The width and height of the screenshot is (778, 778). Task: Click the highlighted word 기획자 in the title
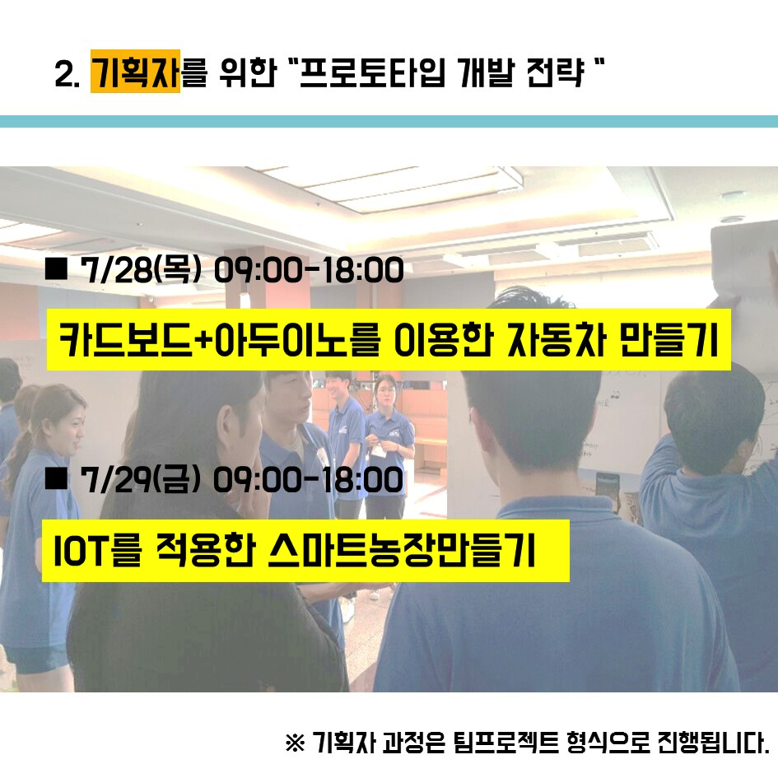click(x=135, y=72)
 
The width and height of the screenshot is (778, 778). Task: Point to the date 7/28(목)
click(x=141, y=271)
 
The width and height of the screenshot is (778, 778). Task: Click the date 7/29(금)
click(x=141, y=480)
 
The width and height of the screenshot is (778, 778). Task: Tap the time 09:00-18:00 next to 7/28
click(x=309, y=271)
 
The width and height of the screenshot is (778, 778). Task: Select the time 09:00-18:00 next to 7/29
click(x=309, y=480)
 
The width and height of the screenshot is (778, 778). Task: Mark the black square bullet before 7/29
click(x=56, y=478)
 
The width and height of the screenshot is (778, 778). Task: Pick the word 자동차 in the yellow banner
click(x=557, y=340)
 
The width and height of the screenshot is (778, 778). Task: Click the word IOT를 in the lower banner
click(x=98, y=551)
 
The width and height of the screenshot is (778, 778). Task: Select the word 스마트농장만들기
click(x=402, y=551)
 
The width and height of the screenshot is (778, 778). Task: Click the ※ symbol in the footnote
click(x=296, y=743)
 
